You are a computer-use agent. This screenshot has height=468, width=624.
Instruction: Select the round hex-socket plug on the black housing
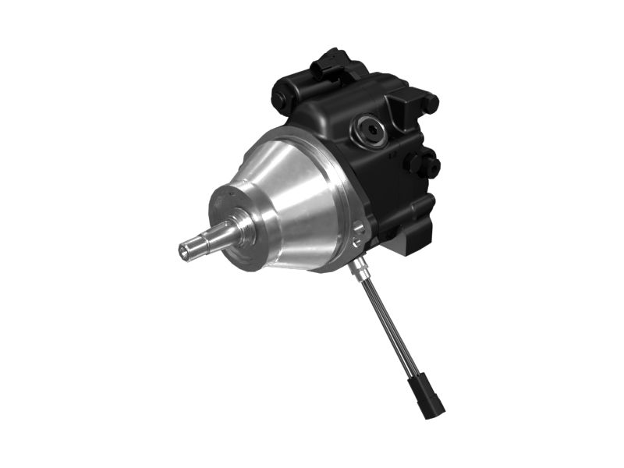coord(368,129)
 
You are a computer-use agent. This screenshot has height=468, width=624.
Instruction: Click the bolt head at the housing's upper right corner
coord(429,103)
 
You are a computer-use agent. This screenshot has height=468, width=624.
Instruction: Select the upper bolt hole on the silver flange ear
coord(359,228)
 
